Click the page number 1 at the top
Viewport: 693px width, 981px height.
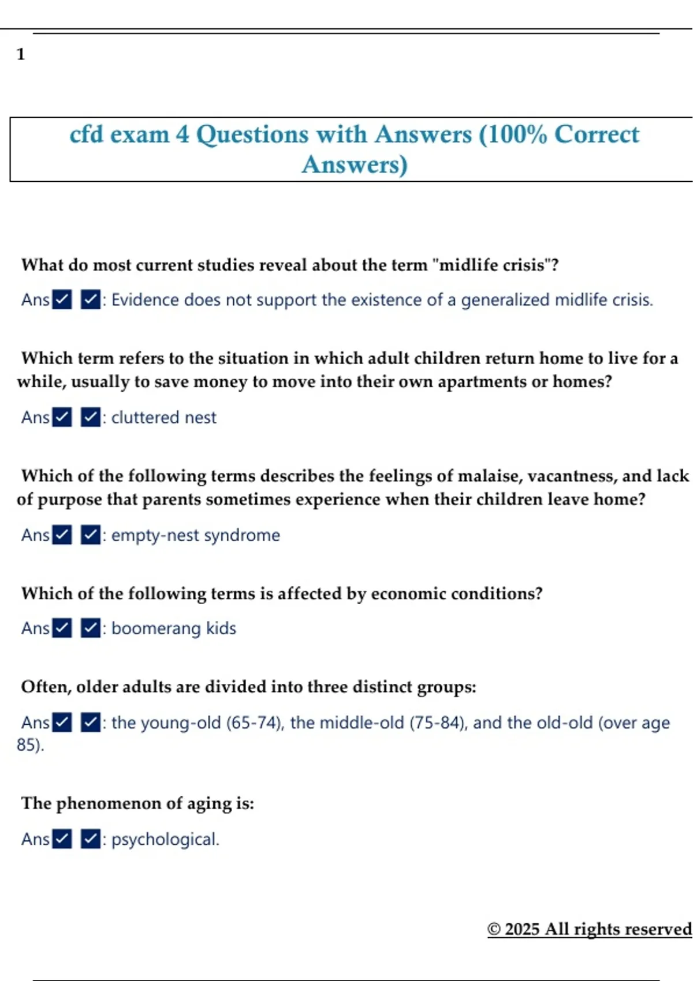click(21, 54)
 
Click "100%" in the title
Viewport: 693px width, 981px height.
click(516, 134)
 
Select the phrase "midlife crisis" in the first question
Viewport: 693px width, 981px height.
click(492, 265)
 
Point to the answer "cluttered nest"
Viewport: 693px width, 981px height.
click(163, 417)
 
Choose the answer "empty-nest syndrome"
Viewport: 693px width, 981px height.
click(195, 535)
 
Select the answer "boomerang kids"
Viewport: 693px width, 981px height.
click(173, 628)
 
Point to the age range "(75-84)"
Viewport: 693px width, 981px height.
click(438, 722)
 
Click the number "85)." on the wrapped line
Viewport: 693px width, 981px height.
click(30, 745)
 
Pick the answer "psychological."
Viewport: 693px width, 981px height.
click(165, 839)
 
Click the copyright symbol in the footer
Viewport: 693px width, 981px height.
click(494, 929)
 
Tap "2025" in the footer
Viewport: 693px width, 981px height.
click(522, 929)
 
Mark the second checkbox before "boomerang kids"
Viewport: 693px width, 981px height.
click(91, 628)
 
